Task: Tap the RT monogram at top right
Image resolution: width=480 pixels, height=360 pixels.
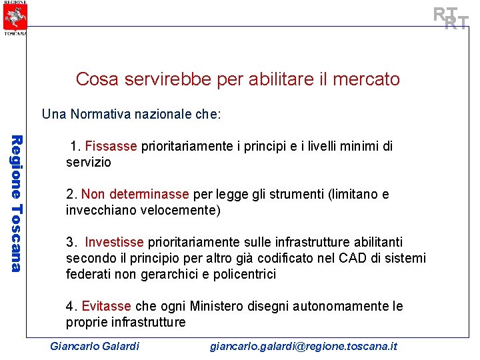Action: tap(451, 19)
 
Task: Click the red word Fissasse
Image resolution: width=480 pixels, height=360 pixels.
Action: tap(111, 146)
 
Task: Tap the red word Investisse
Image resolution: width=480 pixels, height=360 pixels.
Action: tap(115, 242)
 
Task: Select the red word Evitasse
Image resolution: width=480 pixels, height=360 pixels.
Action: tap(106, 306)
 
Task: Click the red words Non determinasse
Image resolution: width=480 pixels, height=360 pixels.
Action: tap(135, 194)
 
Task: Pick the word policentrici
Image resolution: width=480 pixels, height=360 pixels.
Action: tap(243, 274)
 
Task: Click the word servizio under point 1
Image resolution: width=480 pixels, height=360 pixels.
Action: tap(89, 162)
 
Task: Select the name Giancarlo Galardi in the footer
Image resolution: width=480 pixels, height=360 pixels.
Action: tap(95, 346)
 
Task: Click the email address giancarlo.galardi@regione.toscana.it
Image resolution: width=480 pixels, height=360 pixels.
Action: tap(303, 346)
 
